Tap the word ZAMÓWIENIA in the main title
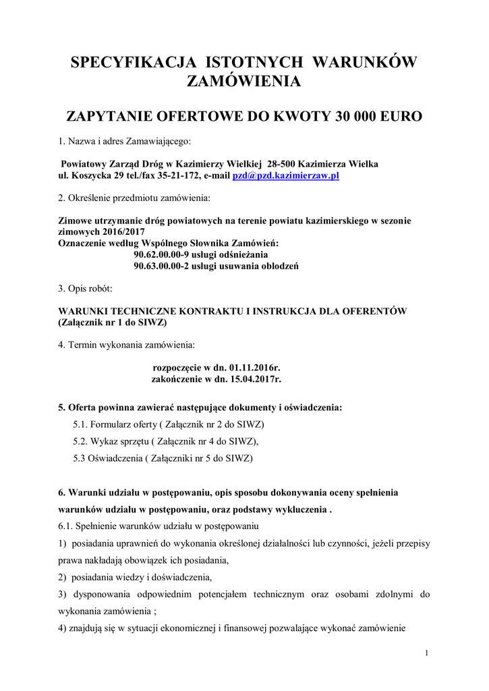click(244, 82)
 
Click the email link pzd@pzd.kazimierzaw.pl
click(285, 175)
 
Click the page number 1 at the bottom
click(427, 653)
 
